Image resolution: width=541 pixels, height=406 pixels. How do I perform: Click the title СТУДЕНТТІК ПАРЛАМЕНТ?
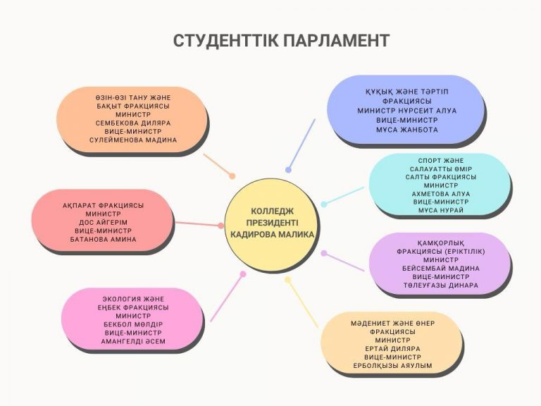coord(281,41)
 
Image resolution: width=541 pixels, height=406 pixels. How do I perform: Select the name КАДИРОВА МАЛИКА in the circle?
coord(272,235)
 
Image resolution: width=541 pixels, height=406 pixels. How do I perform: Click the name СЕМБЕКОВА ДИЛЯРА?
coord(133,123)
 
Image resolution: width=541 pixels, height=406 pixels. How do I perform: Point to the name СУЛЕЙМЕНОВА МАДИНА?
coord(133,140)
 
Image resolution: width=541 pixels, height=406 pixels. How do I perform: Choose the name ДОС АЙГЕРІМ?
coord(103,222)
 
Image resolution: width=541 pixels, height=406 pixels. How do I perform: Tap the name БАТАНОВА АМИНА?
coord(103,240)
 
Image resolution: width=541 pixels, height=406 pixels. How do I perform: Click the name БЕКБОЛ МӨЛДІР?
coord(133,324)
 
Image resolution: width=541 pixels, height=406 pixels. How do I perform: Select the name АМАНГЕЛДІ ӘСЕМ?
coord(133,341)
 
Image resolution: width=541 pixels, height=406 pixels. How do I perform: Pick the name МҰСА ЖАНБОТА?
coord(407,130)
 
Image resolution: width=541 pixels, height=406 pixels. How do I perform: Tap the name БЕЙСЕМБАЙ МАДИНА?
coord(441,269)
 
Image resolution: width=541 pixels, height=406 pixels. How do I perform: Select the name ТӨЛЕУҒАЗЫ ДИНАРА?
coord(441,285)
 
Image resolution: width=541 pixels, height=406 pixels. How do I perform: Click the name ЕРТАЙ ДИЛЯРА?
coord(392,349)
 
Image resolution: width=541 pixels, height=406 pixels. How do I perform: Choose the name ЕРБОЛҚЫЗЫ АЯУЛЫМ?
coord(392,366)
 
